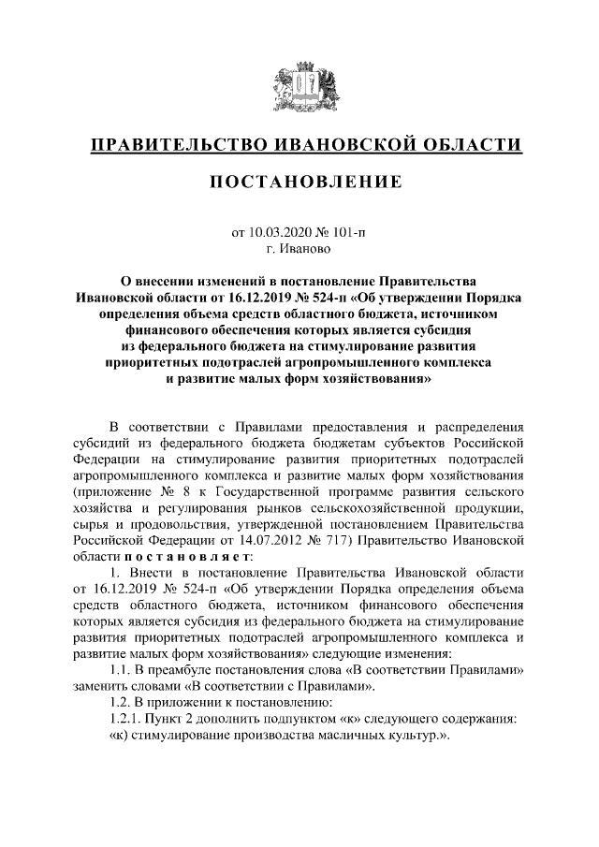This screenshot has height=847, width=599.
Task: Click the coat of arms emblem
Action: coord(299,87)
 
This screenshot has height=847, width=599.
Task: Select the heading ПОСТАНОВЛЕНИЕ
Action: coord(299,182)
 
